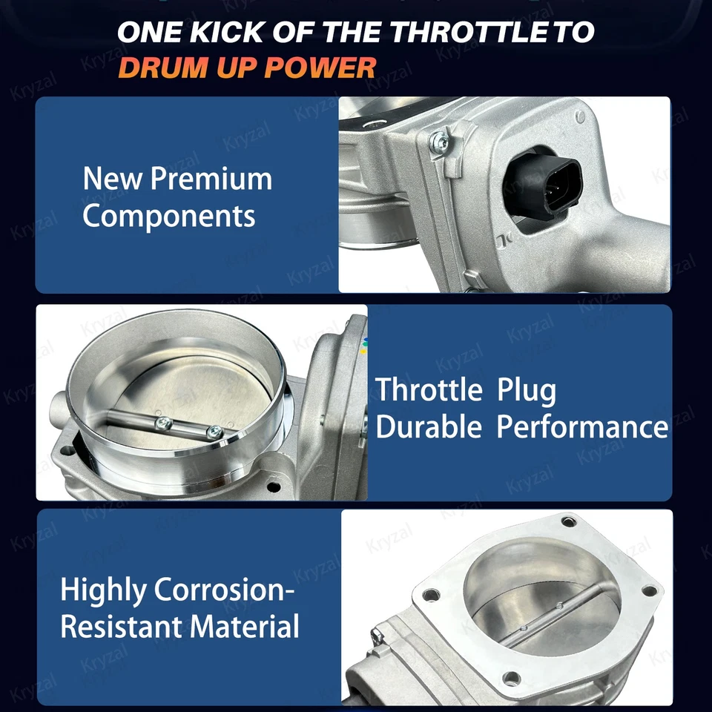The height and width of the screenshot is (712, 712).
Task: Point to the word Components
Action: [x=168, y=217]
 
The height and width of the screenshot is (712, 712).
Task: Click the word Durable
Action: [x=429, y=427]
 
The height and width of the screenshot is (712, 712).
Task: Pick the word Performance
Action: [x=582, y=427]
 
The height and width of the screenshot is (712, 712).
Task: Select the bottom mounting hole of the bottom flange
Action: [x=510, y=678]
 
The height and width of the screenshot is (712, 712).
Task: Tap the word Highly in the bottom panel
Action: [x=103, y=591]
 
